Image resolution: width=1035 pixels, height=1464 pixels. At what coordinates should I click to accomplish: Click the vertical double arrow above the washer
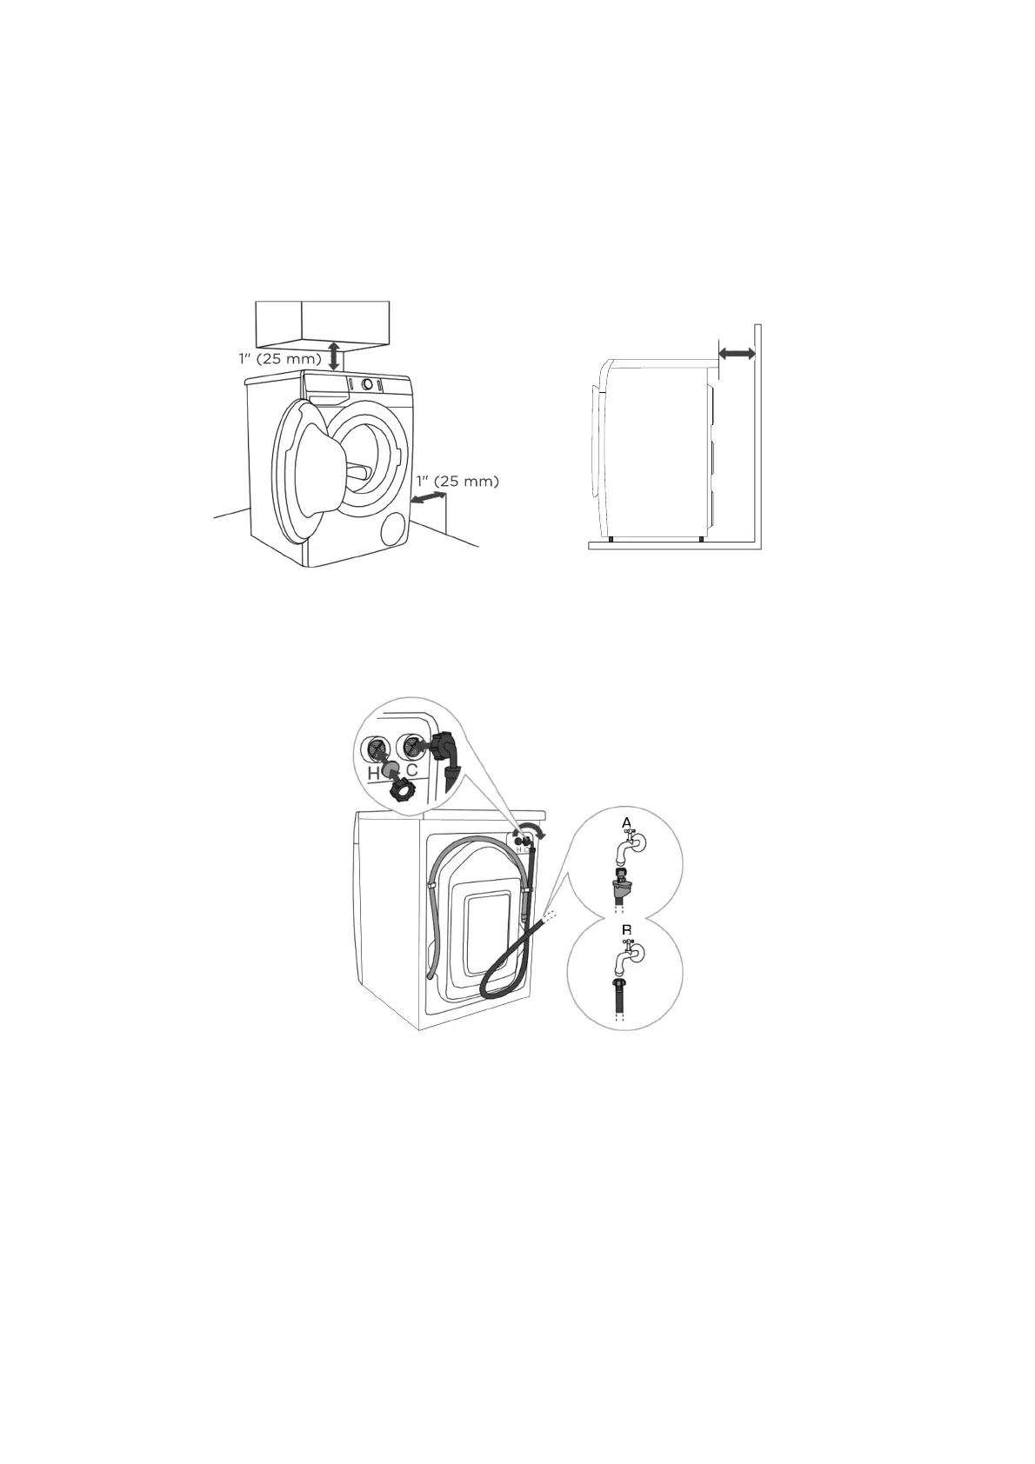(x=333, y=356)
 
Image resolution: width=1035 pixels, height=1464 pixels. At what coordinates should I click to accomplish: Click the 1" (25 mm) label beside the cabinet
(x=280, y=359)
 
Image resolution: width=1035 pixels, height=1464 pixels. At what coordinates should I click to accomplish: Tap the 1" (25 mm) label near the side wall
(x=457, y=482)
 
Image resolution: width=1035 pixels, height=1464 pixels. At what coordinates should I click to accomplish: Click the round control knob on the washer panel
(x=368, y=385)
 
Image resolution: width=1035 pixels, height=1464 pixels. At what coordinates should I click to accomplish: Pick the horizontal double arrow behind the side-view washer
(x=737, y=354)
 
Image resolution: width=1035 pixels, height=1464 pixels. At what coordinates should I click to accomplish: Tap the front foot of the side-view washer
(x=611, y=539)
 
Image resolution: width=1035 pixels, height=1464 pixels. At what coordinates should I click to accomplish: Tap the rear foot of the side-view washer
(x=701, y=539)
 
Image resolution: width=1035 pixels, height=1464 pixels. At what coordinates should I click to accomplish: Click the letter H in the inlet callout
(x=373, y=774)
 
